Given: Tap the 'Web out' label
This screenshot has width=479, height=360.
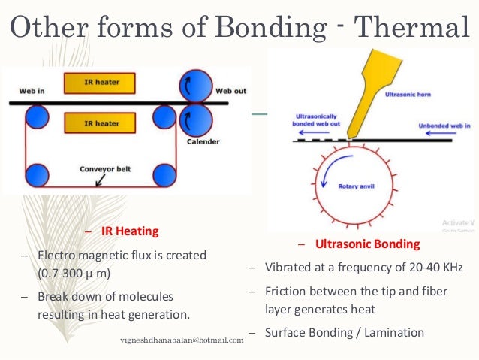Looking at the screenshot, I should [230, 91].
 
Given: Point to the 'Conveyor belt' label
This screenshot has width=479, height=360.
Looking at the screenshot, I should [104, 169].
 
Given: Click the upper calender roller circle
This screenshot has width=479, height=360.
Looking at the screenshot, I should [195, 83].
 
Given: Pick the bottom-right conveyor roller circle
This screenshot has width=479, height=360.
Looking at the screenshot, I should [164, 174].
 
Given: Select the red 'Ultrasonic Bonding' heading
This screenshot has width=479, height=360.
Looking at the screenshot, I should [367, 244].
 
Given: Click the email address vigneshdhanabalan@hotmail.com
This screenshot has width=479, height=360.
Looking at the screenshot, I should [182, 340].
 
